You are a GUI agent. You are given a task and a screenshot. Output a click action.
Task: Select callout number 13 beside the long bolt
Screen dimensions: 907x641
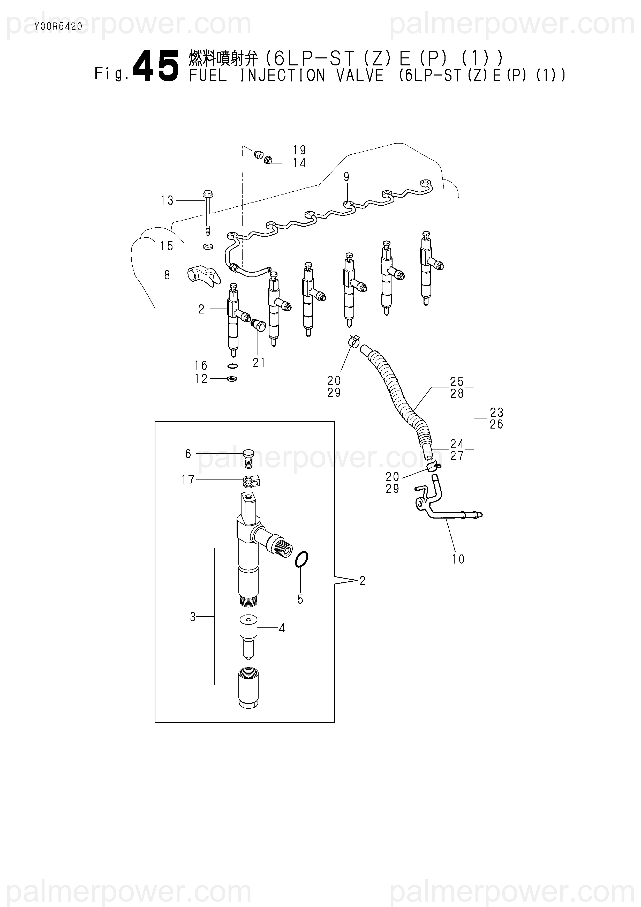[x=167, y=201]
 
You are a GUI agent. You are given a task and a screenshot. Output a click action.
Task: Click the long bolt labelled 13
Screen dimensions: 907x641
[x=207, y=213]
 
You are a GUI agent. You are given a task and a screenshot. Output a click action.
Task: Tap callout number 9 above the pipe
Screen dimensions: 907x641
[x=346, y=177]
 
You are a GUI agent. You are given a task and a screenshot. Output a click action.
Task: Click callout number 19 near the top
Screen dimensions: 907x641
[x=299, y=150]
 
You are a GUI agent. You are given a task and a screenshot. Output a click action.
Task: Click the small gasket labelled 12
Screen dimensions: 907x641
[x=232, y=379]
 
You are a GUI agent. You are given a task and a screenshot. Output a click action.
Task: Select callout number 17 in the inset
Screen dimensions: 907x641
[x=188, y=480]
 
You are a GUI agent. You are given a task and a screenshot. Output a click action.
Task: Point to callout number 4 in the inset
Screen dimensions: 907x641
[x=282, y=628]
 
